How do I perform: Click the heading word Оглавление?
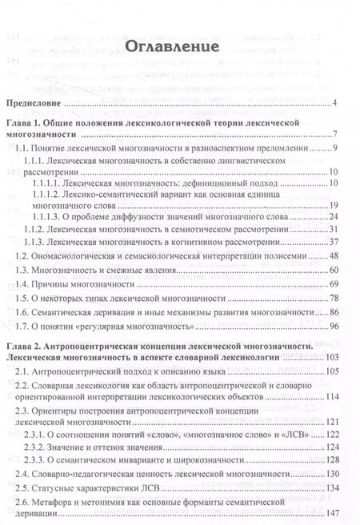[x=171, y=46]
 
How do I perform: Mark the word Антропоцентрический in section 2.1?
[x=85, y=372]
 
